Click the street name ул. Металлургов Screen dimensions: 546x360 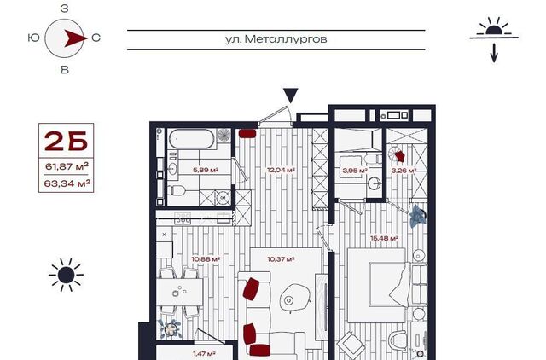(x=276, y=39)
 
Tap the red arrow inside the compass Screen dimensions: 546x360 (x=75, y=38)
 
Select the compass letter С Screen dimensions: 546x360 (x=96, y=38)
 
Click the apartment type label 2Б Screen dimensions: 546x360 (x=66, y=141)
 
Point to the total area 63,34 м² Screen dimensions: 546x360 (x=67, y=183)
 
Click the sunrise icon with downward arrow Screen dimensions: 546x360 (x=494, y=39)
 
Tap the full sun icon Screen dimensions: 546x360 (x=66, y=275)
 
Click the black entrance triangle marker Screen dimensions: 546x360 (x=290, y=95)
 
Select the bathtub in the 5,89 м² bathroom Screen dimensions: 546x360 (x=191, y=139)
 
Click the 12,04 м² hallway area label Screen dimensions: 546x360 (x=281, y=170)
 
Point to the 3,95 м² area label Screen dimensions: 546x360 (x=355, y=171)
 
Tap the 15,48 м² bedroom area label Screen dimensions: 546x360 (x=384, y=239)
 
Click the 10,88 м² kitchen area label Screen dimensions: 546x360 (x=206, y=259)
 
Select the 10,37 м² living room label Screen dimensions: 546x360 (x=281, y=259)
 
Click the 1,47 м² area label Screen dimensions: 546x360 (x=204, y=354)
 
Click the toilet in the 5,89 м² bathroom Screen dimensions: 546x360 (x=177, y=190)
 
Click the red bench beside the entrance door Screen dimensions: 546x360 (x=247, y=133)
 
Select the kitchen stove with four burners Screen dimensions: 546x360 (x=183, y=218)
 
